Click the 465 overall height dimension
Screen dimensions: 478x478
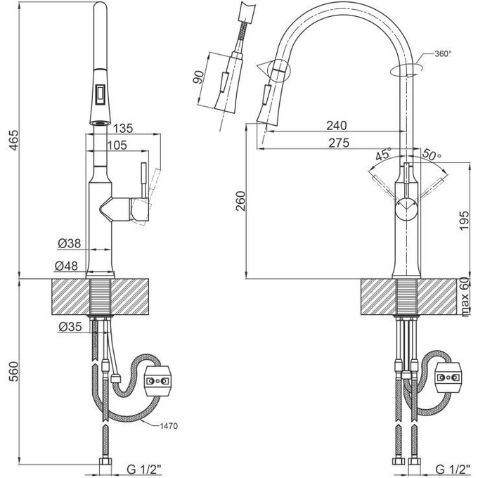click(x=13, y=140)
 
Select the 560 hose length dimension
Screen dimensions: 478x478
click(x=13, y=372)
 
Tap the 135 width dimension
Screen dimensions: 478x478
click(x=123, y=129)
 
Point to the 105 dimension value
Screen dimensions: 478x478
click(x=117, y=145)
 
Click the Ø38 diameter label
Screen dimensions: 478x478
click(x=70, y=243)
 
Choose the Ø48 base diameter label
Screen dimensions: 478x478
click(x=67, y=266)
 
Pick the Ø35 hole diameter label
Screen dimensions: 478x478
click(x=70, y=327)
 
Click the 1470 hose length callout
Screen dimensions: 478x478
click(x=169, y=426)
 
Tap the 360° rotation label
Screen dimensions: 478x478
click(x=443, y=54)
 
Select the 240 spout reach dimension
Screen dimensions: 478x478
click(x=337, y=125)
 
